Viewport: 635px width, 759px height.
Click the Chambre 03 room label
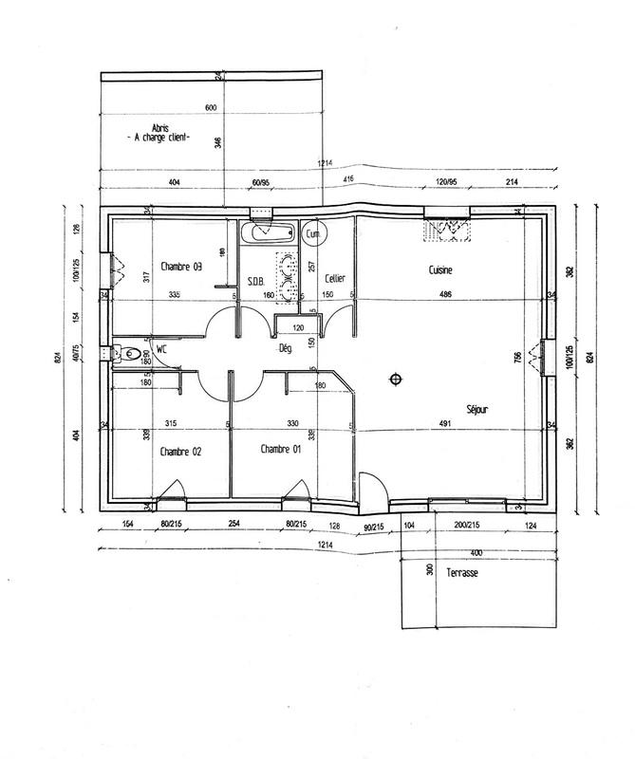[182, 267]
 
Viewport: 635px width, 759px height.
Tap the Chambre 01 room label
[280, 449]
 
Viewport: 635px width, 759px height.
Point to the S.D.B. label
[254, 281]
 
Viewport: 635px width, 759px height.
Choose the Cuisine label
[440, 271]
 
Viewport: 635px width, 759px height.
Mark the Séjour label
[479, 410]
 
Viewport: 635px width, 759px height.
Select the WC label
[162, 349]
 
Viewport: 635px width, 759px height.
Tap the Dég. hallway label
[284, 348]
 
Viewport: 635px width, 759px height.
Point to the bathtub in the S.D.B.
[267, 231]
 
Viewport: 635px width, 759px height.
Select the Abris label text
[159, 127]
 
